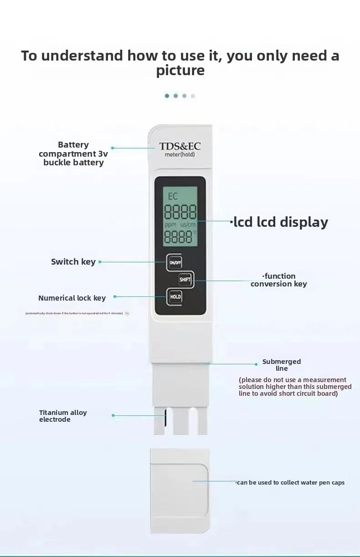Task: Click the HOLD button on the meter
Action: pyautogui.click(x=175, y=297)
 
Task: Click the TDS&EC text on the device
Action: pyautogui.click(x=180, y=146)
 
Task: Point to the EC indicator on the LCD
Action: pyautogui.click(x=173, y=197)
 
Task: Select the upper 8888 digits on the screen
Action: pyautogui.click(x=180, y=212)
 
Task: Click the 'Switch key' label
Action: pyautogui.click(x=73, y=262)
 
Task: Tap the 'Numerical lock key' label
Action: pyautogui.click(x=72, y=298)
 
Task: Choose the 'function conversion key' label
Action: pyautogui.click(x=279, y=280)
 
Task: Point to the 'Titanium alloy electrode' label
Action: pyautogui.click(x=62, y=416)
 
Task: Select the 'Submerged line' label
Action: pyautogui.click(x=282, y=365)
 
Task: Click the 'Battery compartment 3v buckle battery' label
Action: pyautogui.click(x=73, y=153)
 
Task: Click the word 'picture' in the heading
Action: pyautogui.click(x=180, y=71)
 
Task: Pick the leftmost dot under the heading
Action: pyautogui.click(x=167, y=96)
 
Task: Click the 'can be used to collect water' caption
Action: pyautogui.click(x=290, y=483)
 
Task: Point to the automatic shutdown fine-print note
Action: pyautogui.click(x=74, y=313)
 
